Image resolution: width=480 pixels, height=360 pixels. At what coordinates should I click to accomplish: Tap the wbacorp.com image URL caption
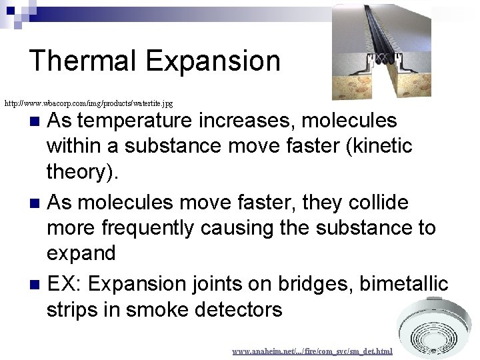pyautogui.click(x=89, y=103)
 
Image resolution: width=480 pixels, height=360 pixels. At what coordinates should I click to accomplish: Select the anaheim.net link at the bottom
pyautogui.click(x=312, y=351)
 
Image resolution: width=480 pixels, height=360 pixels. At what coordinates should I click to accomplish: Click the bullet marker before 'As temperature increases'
pyautogui.click(x=37, y=121)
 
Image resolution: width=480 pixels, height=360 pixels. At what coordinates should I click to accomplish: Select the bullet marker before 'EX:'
pyautogui.click(x=37, y=285)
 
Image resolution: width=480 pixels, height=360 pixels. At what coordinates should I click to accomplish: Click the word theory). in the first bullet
pyautogui.click(x=84, y=173)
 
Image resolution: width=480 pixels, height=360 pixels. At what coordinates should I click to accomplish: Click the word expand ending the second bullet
pyautogui.click(x=81, y=254)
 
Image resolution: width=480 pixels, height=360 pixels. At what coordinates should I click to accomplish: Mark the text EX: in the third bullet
pyautogui.click(x=65, y=284)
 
